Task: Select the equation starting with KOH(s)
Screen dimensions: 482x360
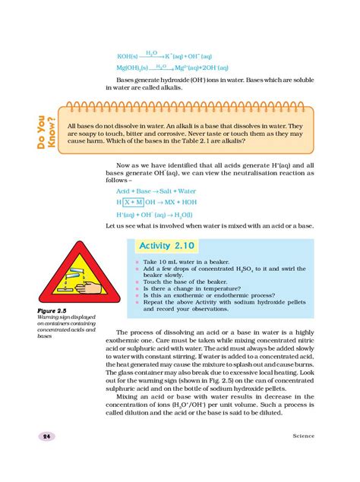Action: pyautogui.click(x=160, y=56)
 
